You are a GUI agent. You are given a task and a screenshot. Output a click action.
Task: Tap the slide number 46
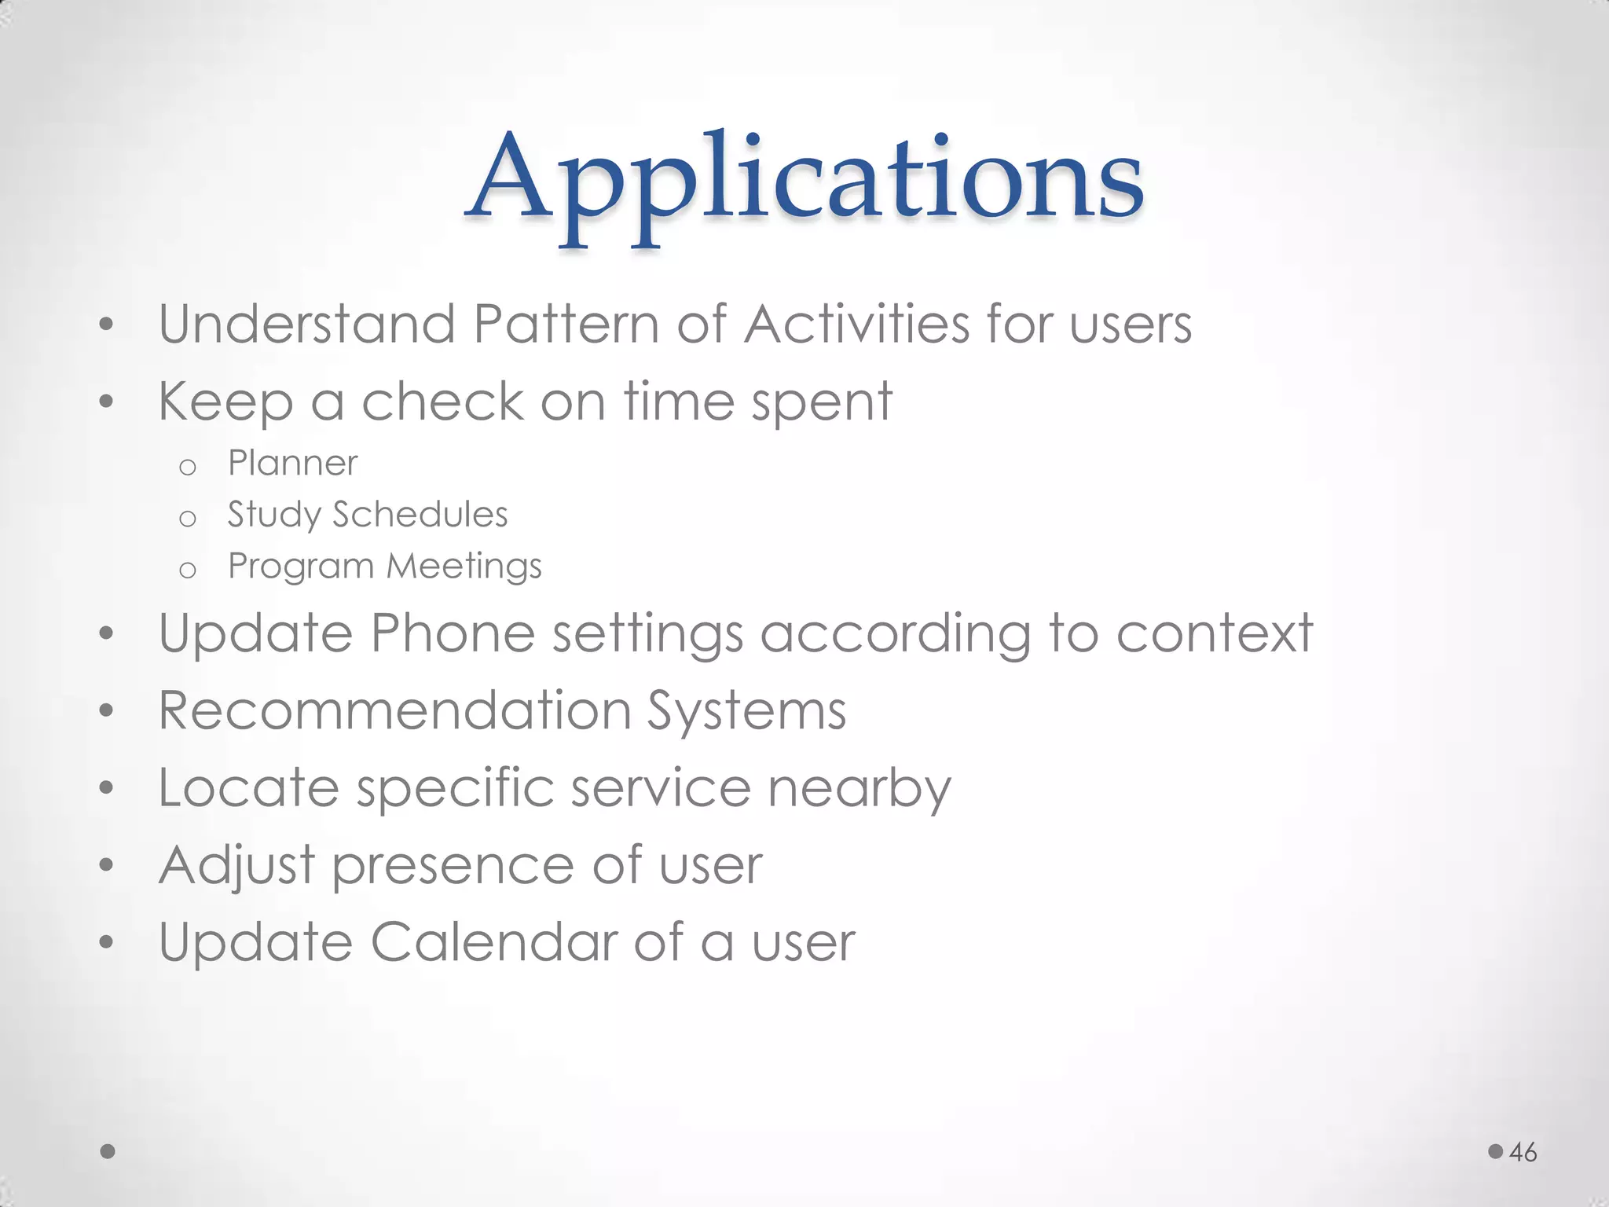coord(1523,1152)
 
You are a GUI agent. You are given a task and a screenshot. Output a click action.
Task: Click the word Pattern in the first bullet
coord(566,324)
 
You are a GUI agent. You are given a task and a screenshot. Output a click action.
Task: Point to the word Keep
coord(225,402)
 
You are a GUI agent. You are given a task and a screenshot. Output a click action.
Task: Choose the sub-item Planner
coord(292,463)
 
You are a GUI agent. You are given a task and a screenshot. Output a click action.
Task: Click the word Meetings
coord(464,567)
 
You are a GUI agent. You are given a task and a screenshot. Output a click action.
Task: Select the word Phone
coord(453,633)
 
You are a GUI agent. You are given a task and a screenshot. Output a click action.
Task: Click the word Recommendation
coord(394,710)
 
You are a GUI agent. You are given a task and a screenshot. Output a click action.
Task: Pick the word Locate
coord(248,787)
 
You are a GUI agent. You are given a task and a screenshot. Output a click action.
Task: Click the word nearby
coord(859,789)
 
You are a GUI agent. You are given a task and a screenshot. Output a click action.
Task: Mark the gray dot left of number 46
coord(1496,1151)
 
